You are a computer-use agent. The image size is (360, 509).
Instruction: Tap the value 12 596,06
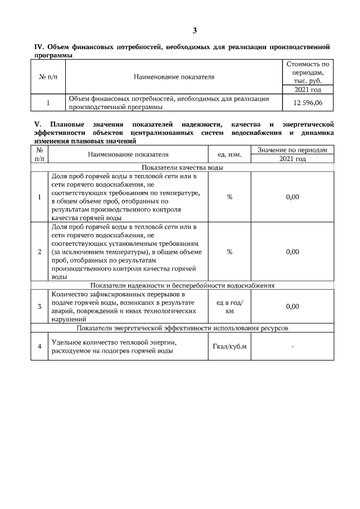pyautogui.click(x=307, y=102)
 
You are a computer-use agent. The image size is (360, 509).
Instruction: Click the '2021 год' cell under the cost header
pyautogui.click(x=307, y=89)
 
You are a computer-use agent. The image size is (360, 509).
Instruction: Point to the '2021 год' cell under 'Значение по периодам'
pyautogui.click(x=292, y=159)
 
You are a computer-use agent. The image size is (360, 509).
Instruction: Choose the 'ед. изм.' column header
pyautogui.click(x=229, y=154)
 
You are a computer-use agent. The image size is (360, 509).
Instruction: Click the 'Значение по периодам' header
pyautogui.click(x=292, y=150)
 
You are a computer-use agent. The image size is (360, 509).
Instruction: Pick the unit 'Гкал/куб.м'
pyautogui.click(x=229, y=346)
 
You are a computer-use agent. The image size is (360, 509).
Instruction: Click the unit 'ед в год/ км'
pyautogui.click(x=229, y=307)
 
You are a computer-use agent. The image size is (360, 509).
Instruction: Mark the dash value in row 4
pyautogui.click(x=292, y=346)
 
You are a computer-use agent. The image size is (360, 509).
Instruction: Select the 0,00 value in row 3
pyautogui.click(x=292, y=307)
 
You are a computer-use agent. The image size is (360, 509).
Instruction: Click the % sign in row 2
pyautogui.click(x=229, y=251)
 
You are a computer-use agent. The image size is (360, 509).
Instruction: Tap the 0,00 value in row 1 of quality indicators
pyautogui.click(x=292, y=197)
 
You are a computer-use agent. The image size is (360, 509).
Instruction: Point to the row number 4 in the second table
pyautogui.click(x=39, y=346)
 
